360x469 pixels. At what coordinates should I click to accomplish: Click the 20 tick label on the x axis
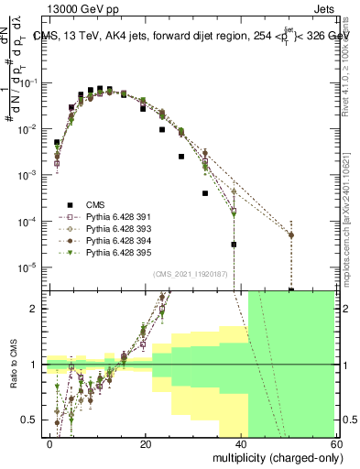(x=146, y=443)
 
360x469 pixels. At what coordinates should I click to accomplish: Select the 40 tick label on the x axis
(x=240, y=443)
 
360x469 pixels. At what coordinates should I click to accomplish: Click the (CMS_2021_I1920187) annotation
(x=191, y=274)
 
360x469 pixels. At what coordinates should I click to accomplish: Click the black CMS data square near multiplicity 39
(x=235, y=245)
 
